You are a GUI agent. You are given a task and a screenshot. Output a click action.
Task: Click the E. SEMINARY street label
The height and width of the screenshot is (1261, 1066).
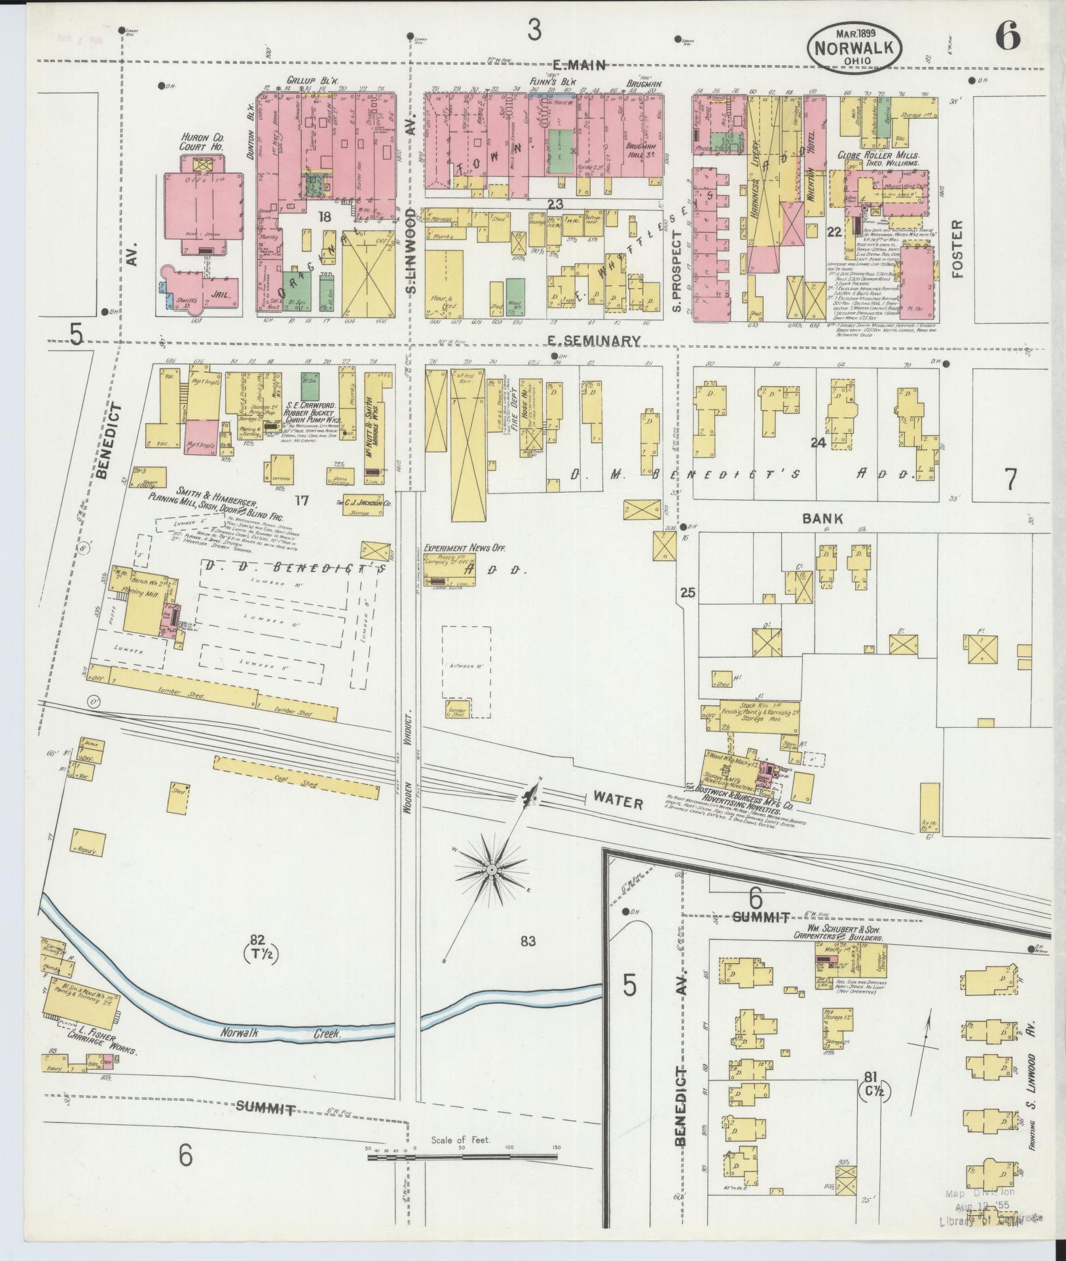point(593,340)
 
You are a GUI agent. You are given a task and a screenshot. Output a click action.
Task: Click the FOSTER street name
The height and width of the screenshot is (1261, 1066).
point(958,249)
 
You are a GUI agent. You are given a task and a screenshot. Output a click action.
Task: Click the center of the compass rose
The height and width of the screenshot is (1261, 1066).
point(491,870)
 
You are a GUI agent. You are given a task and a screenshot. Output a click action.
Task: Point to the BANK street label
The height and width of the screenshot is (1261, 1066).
point(822,518)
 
